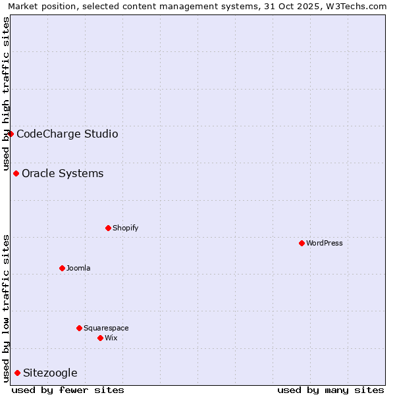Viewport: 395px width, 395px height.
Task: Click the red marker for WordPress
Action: [302, 243]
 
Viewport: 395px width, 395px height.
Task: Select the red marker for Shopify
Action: [108, 228]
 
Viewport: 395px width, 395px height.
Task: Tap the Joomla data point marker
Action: [62, 268]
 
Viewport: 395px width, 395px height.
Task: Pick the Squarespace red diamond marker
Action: [79, 328]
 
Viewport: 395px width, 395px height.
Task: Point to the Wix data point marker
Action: [100, 338]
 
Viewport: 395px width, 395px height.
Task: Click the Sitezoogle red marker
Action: [17, 373]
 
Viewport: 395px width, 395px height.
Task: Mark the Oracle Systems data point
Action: [16, 173]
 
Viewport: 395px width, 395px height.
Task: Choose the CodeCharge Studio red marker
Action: [11, 134]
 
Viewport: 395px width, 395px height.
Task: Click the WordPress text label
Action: [325, 243]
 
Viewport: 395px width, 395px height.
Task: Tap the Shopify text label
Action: [125, 228]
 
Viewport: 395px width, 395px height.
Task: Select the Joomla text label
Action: [78, 268]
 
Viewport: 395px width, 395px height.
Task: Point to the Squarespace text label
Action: [106, 328]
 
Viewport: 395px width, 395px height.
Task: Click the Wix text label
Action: [111, 338]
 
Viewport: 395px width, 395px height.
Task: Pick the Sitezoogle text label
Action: [50, 373]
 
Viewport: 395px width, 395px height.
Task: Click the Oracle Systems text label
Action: [63, 174]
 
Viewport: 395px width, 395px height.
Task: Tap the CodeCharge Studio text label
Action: [67, 134]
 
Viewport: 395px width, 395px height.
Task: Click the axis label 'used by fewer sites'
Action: [68, 390]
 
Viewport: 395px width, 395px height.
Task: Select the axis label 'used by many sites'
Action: [330, 390]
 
